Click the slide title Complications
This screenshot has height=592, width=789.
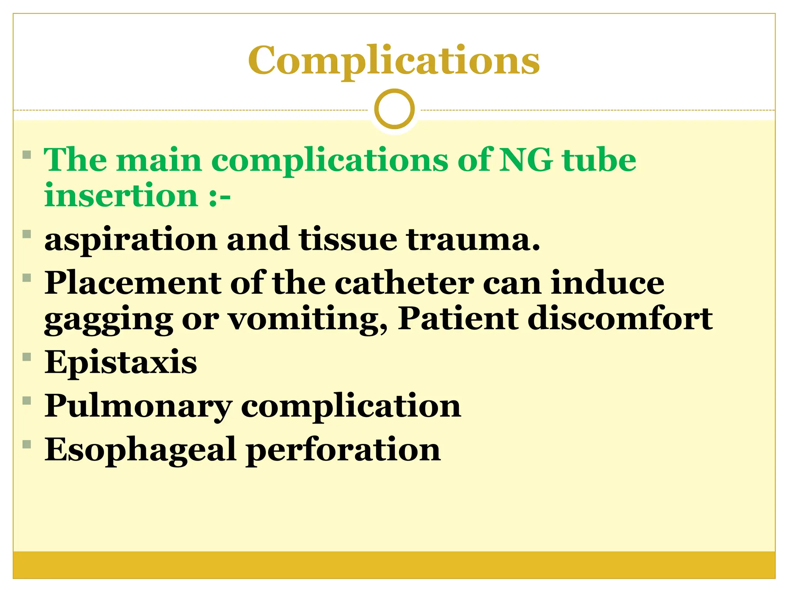click(x=394, y=61)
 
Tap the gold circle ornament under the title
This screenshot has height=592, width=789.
click(x=394, y=109)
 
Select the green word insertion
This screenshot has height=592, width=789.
click(x=121, y=195)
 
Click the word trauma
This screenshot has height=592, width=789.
click(x=473, y=240)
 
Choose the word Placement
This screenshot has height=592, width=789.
click(x=133, y=283)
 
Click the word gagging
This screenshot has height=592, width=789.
click(x=108, y=320)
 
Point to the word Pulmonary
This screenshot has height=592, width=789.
click(x=138, y=407)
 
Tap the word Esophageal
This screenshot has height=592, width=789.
click(x=140, y=450)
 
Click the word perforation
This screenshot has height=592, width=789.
click(x=343, y=450)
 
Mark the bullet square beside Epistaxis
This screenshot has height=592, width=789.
click(x=27, y=357)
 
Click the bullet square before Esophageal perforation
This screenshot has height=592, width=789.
click(x=27, y=444)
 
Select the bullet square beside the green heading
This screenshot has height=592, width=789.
click(x=27, y=155)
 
